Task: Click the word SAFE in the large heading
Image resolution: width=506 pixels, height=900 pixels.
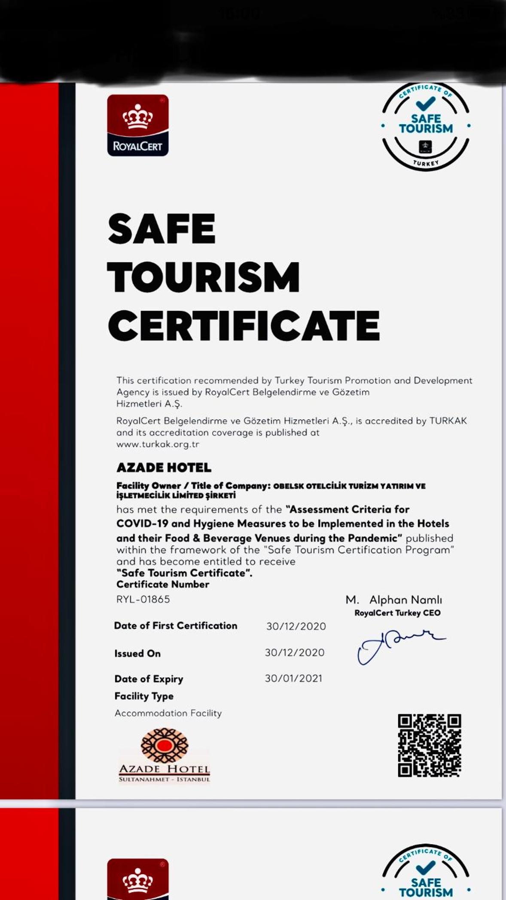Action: click(162, 229)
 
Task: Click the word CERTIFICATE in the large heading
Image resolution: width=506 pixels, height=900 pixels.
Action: click(244, 326)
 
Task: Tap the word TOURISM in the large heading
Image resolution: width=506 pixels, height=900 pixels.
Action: click(203, 277)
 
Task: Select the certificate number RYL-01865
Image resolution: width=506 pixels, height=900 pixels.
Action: click(143, 599)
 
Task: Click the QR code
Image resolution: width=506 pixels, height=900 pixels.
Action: click(429, 746)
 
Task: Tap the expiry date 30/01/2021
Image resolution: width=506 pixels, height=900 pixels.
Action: click(293, 678)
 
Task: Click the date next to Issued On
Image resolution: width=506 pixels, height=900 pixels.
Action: click(295, 652)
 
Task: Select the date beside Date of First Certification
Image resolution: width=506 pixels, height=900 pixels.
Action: click(296, 626)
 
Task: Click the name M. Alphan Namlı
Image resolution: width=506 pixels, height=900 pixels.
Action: click(393, 600)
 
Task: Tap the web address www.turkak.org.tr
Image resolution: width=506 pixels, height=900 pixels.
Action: click(158, 444)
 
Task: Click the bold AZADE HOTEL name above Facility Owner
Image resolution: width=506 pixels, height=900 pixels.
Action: click(164, 467)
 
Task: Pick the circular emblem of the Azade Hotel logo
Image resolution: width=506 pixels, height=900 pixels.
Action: click(165, 745)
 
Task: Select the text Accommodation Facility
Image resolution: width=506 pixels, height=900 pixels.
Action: click(168, 713)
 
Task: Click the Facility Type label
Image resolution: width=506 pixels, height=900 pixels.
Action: click(144, 696)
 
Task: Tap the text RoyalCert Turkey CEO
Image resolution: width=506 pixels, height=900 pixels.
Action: click(397, 613)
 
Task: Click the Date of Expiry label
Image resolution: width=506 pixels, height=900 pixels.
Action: click(149, 679)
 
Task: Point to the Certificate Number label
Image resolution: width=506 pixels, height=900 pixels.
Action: click(163, 584)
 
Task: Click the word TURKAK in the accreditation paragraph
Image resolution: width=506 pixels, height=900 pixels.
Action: click(448, 421)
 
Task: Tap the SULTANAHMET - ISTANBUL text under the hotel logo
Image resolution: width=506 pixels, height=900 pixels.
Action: click(165, 779)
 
